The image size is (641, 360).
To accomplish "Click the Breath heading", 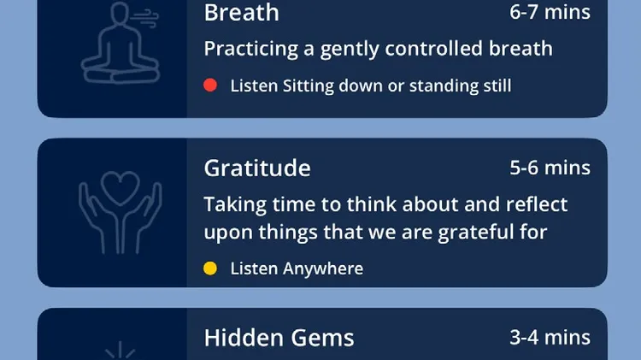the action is [x=241, y=12].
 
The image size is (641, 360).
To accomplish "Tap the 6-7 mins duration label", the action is [x=550, y=12].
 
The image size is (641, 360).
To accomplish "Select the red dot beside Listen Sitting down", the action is [x=210, y=86].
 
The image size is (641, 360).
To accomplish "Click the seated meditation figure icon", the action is [x=120, y=43].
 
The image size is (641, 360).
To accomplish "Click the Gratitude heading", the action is [x=257, y=168].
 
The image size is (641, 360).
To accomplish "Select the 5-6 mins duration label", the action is [x=550, y=168].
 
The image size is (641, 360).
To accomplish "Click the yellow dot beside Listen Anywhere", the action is [x=210, y=269].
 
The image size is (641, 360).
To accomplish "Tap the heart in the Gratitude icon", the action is [x=121, y=187].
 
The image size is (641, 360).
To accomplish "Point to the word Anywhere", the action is [x=323, y=269].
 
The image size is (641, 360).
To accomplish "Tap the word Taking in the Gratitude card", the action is [x=235, y=204].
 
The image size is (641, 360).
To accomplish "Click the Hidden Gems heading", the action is [x=279, y=338].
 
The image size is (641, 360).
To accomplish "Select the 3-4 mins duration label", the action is [x=550, y=337].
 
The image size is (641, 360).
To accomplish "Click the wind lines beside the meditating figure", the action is [x=144, y=19].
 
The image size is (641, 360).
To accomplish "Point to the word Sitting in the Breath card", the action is [x=309, y=86].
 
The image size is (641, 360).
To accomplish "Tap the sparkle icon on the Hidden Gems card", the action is [x=121, y=351].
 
